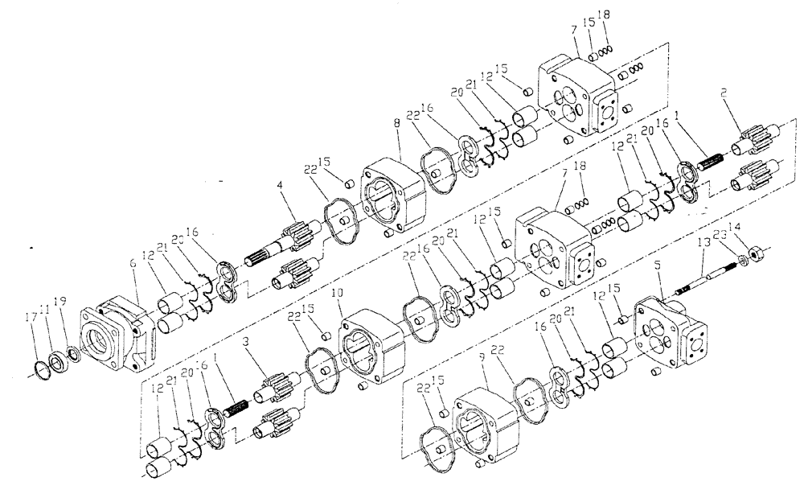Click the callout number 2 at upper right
pyautogui.click(x=724, y=93)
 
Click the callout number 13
pyautogui.click(x=704, y=241)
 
